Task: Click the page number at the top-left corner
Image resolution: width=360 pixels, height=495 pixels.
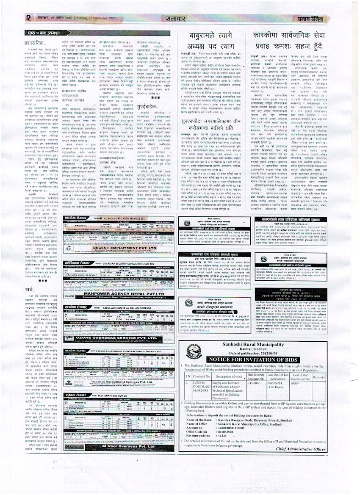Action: click(28, 17)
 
